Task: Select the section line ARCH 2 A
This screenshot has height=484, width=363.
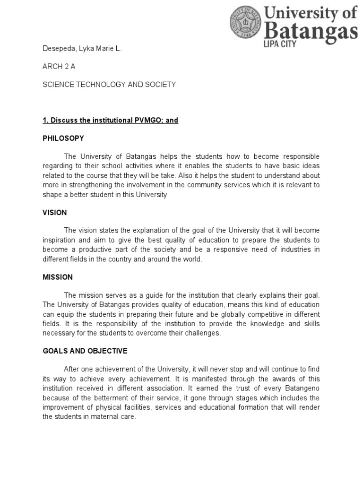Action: click(59, 67)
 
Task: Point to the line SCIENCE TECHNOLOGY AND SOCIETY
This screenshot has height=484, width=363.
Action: click(109, 84)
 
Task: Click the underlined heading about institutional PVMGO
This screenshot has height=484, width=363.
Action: click(110, 120)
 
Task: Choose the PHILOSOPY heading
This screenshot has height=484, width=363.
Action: click(63, 138)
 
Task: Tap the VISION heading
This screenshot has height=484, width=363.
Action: click(54, 212)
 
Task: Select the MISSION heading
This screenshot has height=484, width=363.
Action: click(57, 277)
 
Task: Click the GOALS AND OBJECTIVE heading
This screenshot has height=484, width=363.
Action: click(85, 351)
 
